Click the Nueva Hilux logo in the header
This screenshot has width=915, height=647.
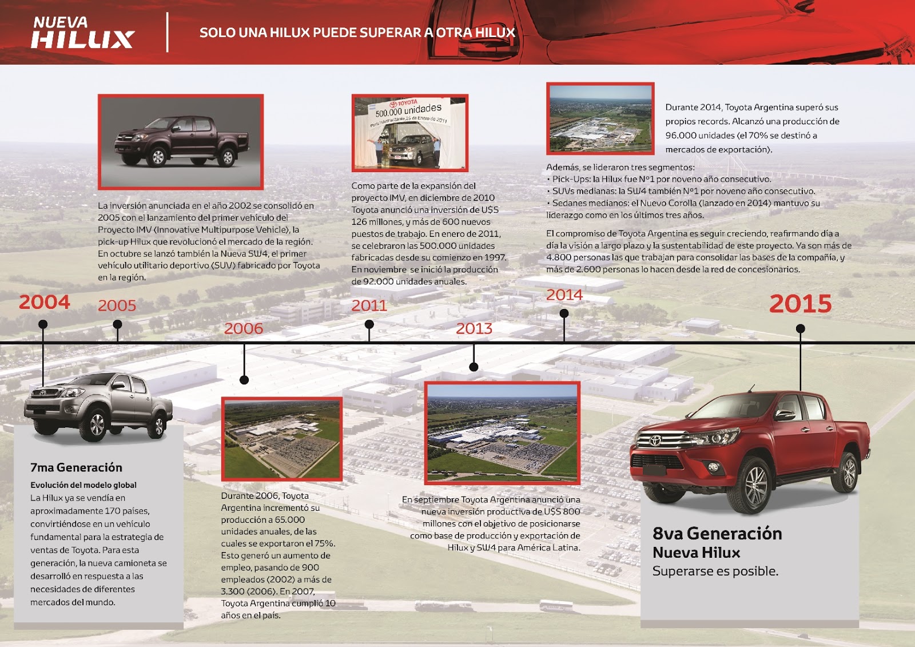click(x=82, y=33)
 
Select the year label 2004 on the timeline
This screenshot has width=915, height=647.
click(x=45, y=302)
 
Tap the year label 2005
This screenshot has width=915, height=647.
click(x=117, y=305)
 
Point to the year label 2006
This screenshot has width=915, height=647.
click(x=244, y=328)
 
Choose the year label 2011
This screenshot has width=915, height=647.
click(x=369, y=305)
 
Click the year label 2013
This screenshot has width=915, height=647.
click(x=474, y=328)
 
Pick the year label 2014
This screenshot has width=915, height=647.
click(x=564, y=295)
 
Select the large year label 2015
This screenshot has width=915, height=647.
click(x=800, y=304)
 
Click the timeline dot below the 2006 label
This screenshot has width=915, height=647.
click(x=244, y=380)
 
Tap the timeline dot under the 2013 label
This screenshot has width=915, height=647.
click(x=474, y=367)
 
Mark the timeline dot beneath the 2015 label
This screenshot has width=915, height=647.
click(x=801, y=328)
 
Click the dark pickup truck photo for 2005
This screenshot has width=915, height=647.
click(x=181, y=142)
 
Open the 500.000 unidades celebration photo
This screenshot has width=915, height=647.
click(x=409, y=133)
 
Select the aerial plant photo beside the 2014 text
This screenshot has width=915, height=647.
click(x=600, y=118)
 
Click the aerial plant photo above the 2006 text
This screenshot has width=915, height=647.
click(x=282, y=439)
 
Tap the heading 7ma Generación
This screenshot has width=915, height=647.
click(x=76, y=467)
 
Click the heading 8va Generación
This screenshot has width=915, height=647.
click(x=717, y=533)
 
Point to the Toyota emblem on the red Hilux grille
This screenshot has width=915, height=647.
click(x=655, y=440)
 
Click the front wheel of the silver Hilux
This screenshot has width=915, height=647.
click(x=97, y=425)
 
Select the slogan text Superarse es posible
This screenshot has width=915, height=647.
click(x=715, y=571)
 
